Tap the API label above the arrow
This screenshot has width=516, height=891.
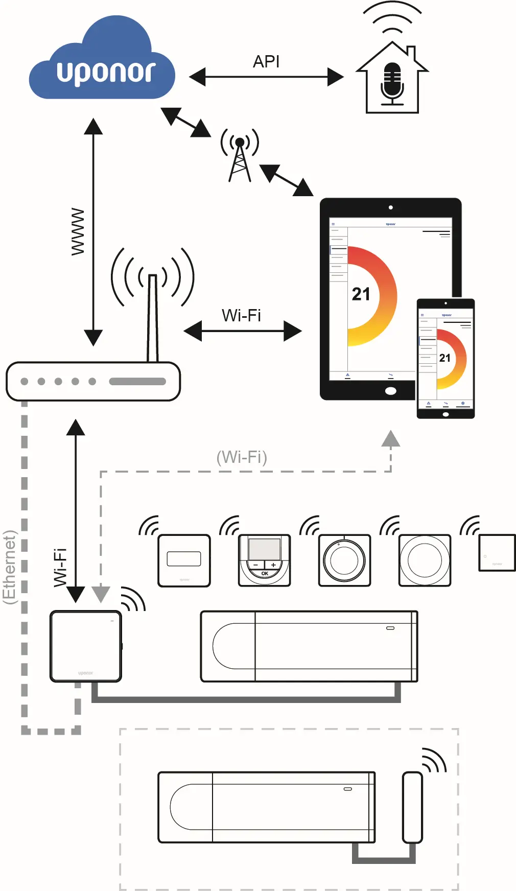coord(266,61)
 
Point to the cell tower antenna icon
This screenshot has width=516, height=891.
coord(240,155)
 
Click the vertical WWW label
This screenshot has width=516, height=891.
coord(78,231)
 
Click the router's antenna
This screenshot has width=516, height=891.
coord(152,317)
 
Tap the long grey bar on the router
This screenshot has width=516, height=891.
coord(137,381)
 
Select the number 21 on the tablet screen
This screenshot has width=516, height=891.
coord(361,294)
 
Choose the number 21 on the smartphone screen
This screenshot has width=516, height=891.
coord(444,358)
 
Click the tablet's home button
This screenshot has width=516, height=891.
coord(390,391)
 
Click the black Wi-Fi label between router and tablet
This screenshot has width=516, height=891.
coord(241,315)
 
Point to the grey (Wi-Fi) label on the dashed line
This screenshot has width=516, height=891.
coord(242,457)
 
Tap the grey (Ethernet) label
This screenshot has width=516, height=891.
coord(9,567)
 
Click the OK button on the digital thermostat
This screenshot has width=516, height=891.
coord(265,574)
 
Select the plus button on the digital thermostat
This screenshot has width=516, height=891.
coord(273,565)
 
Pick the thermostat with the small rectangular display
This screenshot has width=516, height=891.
coord(184,560)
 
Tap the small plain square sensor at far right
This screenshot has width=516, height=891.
coord(497,553)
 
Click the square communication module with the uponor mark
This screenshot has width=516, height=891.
coord(86,646)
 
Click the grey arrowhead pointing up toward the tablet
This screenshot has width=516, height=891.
coord(391,439)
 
